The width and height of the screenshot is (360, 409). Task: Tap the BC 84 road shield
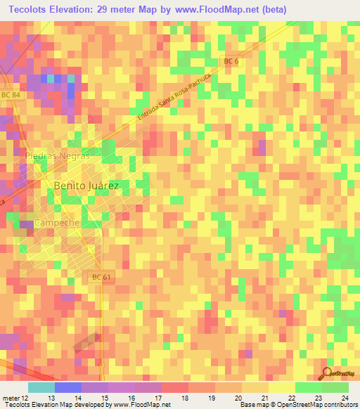(9, 95)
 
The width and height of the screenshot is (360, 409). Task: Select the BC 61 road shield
(102, 278)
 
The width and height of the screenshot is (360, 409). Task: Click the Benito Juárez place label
(82, 186)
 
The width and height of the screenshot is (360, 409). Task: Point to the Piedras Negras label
(56, 155)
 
